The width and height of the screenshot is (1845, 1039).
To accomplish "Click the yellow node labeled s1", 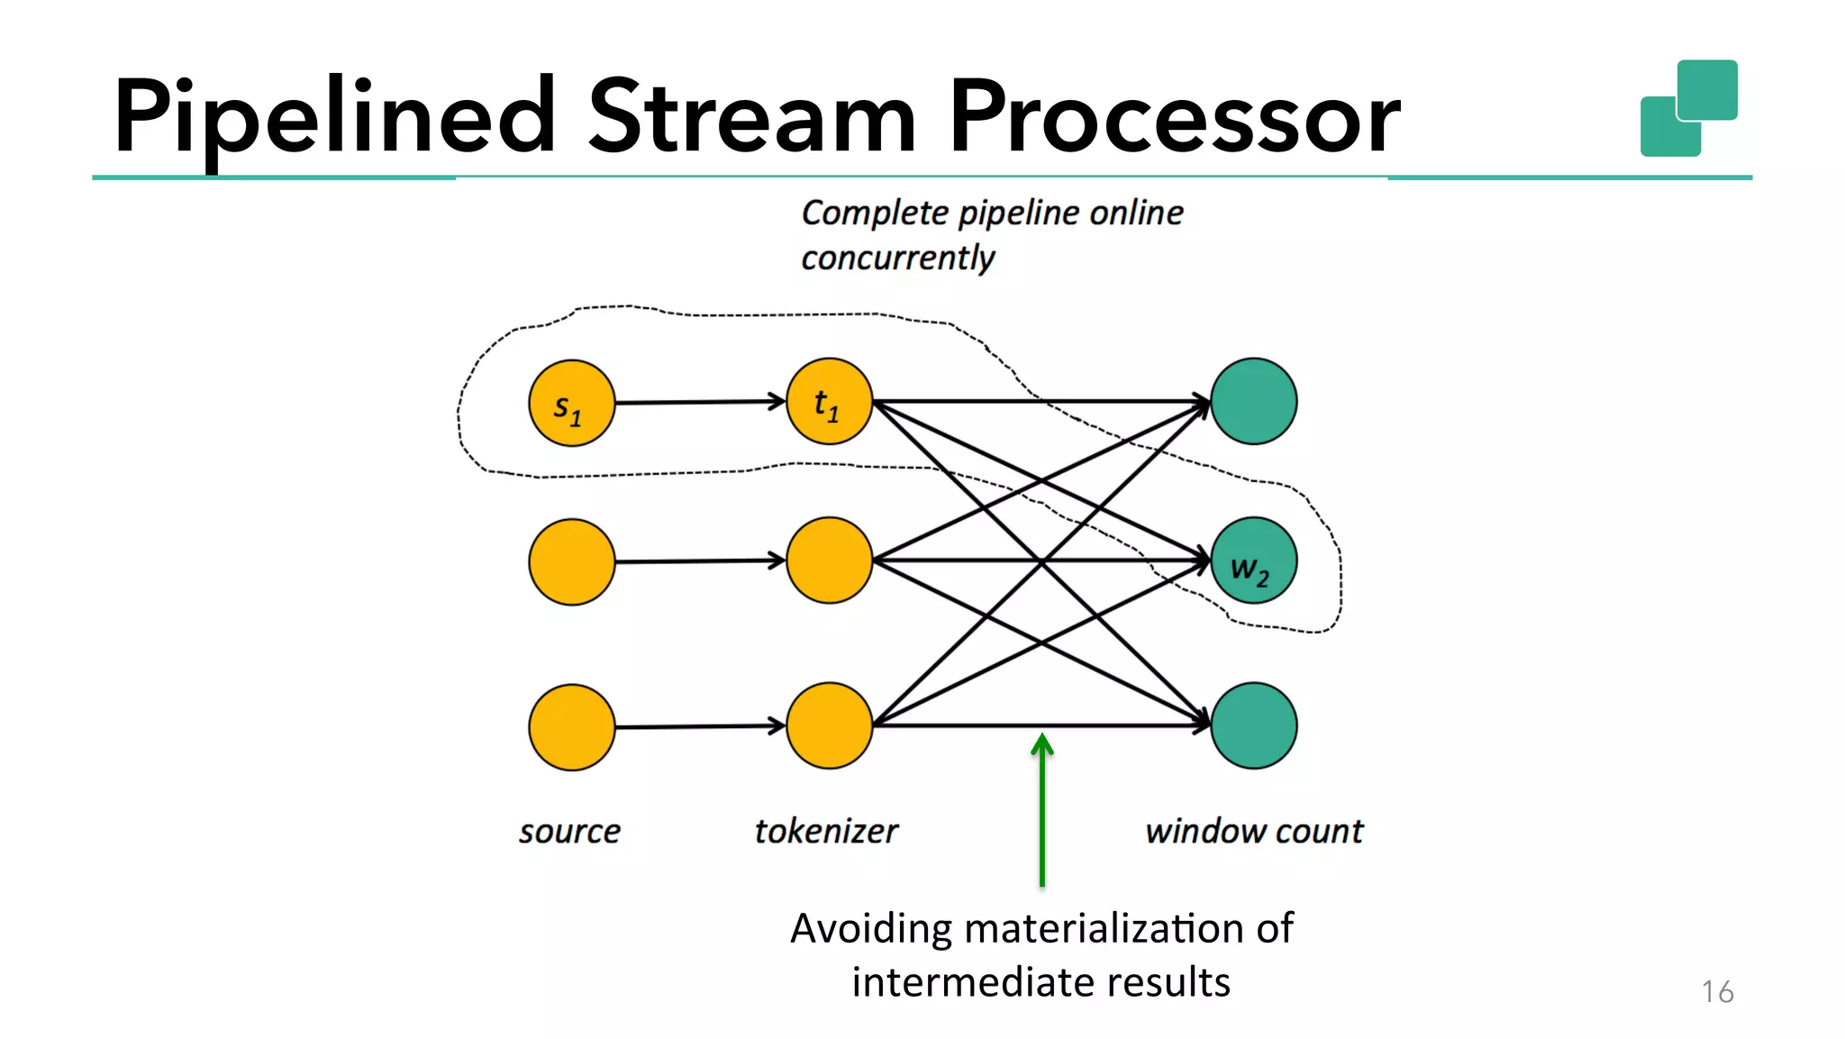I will coord(571,403).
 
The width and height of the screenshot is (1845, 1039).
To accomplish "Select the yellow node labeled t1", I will coord(829,402).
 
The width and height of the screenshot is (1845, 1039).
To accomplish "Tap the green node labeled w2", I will coord(1253,561).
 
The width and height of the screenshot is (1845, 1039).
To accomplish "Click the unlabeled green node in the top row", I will coord(1253,401).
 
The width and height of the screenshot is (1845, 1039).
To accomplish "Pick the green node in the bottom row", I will coord(1253,725).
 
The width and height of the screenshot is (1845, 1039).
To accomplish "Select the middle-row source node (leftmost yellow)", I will coord(571,561).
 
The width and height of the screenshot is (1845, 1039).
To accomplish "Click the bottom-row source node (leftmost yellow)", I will coord(571,727).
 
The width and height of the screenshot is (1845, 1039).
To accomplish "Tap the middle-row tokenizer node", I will coord(829,561).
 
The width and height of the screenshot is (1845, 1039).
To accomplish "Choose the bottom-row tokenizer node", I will coord(829,725).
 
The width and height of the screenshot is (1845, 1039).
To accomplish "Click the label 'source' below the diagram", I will coord(569,831).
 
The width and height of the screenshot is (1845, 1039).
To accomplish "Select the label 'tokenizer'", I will coord(826,831).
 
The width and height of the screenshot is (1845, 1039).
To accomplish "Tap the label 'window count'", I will coord(1254,831).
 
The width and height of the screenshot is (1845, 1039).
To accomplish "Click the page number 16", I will coord(1717,991).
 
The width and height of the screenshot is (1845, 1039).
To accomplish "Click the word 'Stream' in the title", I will coord(752,117).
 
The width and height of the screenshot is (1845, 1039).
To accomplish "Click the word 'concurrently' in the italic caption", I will coord(898,259).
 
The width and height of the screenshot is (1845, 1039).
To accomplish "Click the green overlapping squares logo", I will coord(1689,108).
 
